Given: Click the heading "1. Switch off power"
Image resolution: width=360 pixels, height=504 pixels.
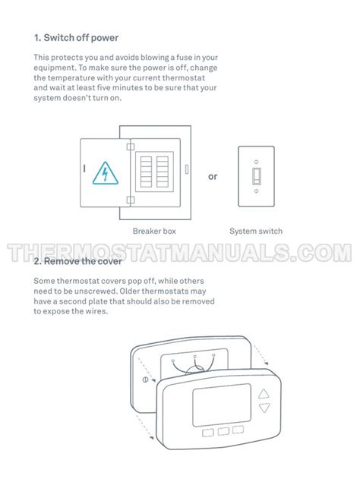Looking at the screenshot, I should click(76, 37).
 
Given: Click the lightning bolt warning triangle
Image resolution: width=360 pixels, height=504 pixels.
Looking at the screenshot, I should click(102, 174).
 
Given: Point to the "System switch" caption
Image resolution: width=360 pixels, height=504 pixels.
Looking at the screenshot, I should click(256, 231).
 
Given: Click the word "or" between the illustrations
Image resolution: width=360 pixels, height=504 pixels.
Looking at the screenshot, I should click(213, 177).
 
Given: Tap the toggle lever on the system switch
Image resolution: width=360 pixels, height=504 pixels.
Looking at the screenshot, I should click(257, 175).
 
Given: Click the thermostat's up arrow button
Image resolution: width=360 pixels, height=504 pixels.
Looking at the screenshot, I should click(264, 394).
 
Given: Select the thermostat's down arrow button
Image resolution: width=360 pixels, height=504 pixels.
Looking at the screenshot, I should click(264, 408).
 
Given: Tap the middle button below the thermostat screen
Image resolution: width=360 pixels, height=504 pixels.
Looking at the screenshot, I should click(223, 432).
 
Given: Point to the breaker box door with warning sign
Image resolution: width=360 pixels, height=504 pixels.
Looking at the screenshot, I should click(103, 174).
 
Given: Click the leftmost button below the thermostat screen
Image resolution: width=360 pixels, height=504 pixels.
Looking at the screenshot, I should click(207, 433).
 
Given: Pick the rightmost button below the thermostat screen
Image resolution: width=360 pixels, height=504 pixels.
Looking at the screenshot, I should click(239, 430).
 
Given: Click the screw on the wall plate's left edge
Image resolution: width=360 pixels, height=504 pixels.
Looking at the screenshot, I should click(144, 378).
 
